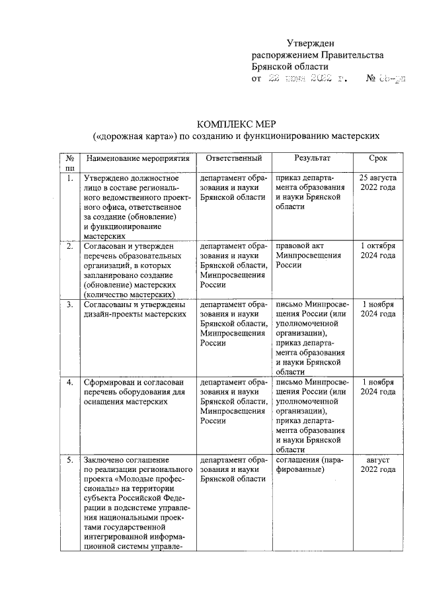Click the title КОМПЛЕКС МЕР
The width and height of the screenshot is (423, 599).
(236, 124)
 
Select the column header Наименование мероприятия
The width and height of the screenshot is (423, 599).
(137, 159)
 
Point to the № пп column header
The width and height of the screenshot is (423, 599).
(69, 163)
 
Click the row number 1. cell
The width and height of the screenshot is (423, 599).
(69, 179)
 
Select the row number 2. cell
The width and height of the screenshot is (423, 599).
(69, 246)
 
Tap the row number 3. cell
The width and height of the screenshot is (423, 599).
(69, 304)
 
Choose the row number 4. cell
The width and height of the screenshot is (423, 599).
(69, 383)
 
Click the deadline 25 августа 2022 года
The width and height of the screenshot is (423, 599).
(378, 183)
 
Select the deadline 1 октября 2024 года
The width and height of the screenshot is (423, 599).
(378, 251)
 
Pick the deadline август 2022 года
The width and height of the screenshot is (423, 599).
(378, 464)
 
